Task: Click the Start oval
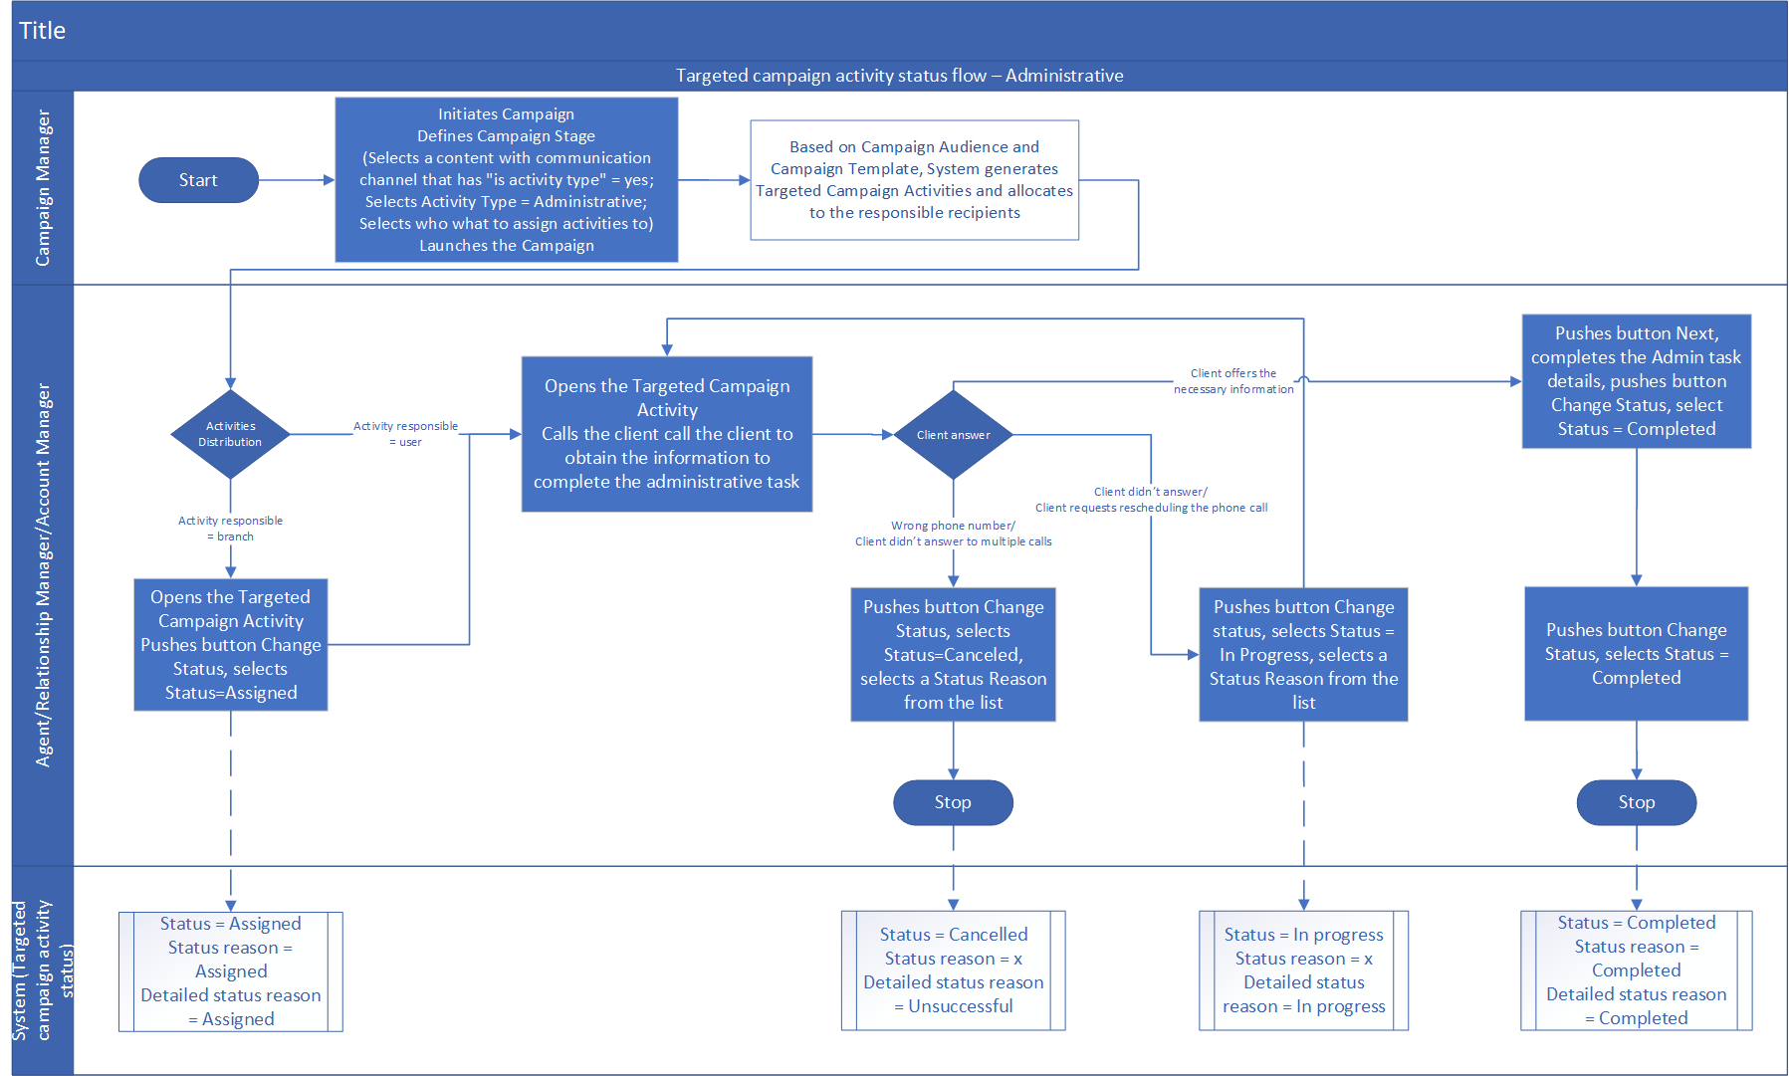coord(198,180)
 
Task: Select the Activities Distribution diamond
coord(230,434)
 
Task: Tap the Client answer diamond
coord(953,435)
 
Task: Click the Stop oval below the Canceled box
coord(953,802)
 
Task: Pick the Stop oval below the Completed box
coord(1636,802)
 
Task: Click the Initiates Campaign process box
coord(506,180)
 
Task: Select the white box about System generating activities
coord(914,180)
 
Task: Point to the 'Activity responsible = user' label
coord(405,434)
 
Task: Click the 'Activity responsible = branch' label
coord(230,529)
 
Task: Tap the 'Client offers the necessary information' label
coord(1233,381)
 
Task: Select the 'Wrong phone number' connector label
coord(953,534)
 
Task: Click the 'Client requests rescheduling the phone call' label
coord(1151,500)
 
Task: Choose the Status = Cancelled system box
coord(953,970)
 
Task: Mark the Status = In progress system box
coord(1303,970)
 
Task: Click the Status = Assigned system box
coord(230,971)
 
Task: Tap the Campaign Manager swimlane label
coord(43,188)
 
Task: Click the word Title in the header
coord(42,31)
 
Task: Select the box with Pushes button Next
coord(1636,381)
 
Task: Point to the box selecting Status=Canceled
coord(953,654)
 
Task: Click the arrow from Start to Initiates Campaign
coord(296,180)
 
